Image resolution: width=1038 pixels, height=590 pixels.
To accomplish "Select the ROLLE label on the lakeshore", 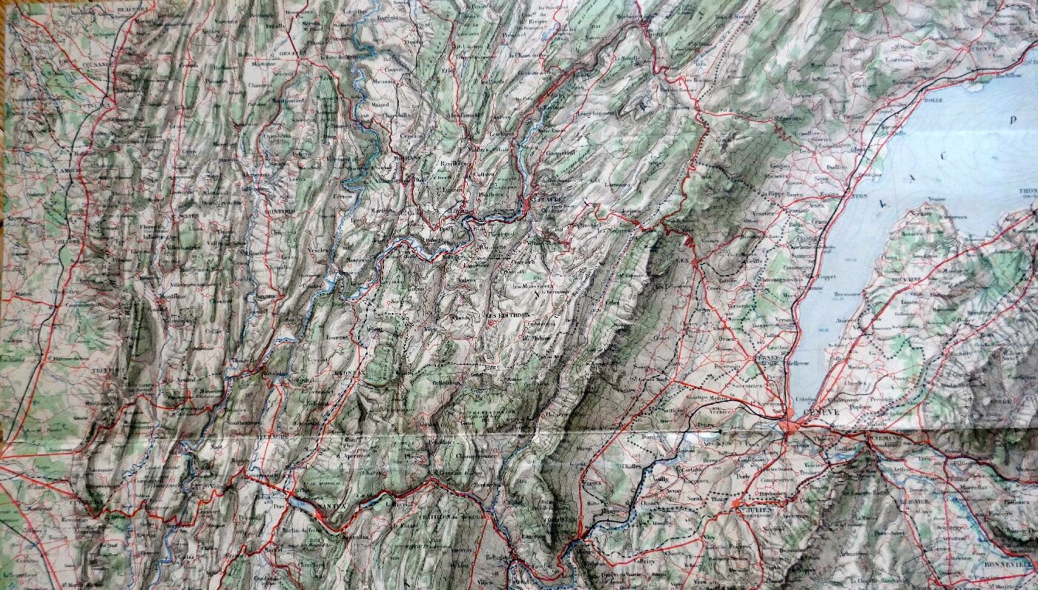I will [932, 100].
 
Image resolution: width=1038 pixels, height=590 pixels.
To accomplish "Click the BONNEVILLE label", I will [1015, 563].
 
